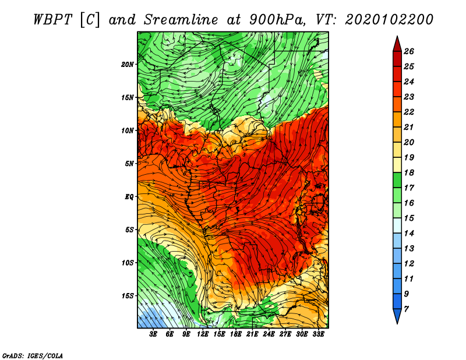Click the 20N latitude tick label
point(128,65)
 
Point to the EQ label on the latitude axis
point(129,197)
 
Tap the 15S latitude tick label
point(128,296)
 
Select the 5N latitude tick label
point(129,164)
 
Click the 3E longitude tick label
point(153,334)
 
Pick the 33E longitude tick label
point(318,334)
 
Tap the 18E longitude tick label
point(236,334)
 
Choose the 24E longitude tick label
point(269,334)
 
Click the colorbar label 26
point(409,51)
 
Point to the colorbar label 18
point(409,172)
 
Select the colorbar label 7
point(406,309)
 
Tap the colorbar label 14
point(409,234)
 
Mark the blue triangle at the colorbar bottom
point(397,315)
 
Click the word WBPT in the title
point(52,20)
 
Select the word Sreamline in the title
point(181,20)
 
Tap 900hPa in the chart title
point(277,20)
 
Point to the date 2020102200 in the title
point(389,20)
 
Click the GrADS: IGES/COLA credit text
point(33,356)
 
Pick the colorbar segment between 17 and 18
point(397,180)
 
